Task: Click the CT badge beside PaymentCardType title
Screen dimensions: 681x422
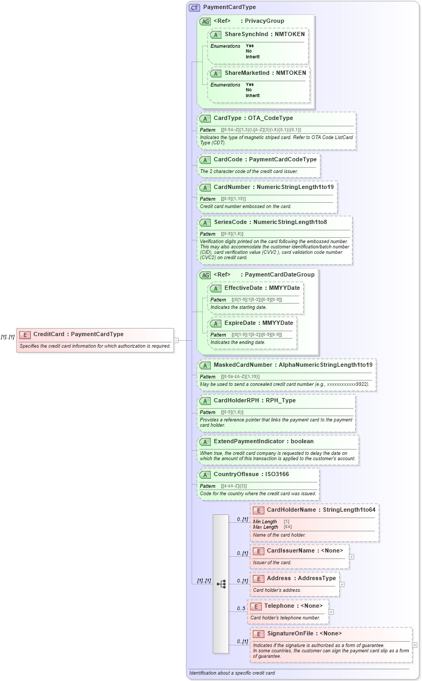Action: pyautogui.click(x=195, y=7)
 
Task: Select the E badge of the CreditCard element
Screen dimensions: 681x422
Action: pyautogui.click(x=24, y=334)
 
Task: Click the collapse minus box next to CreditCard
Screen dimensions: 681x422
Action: pyautogui.click(x=176, y=340)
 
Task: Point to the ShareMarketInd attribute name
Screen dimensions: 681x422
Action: pyautogui.click(x=247, y=73)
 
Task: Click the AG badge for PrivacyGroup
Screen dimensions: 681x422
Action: pyautogui.click(x=205, y=22)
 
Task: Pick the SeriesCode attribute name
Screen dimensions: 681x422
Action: pyautogui.click(x=231, y=222)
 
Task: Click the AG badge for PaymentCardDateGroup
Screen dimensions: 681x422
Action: pyautogui.click(x=205, y=275)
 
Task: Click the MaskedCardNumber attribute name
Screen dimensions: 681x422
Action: pyautogui.click(x=243, y=365)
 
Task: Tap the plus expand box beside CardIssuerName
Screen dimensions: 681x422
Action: pyautogui.click(x=351, y=557)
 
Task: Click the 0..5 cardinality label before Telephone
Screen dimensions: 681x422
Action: pyautogui.click(x=241, y=608)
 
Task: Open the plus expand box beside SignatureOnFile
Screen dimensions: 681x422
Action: pyautogui.click(x=415, y=645)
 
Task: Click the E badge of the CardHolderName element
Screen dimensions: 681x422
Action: pyautogui.click(x=258, y=511)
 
